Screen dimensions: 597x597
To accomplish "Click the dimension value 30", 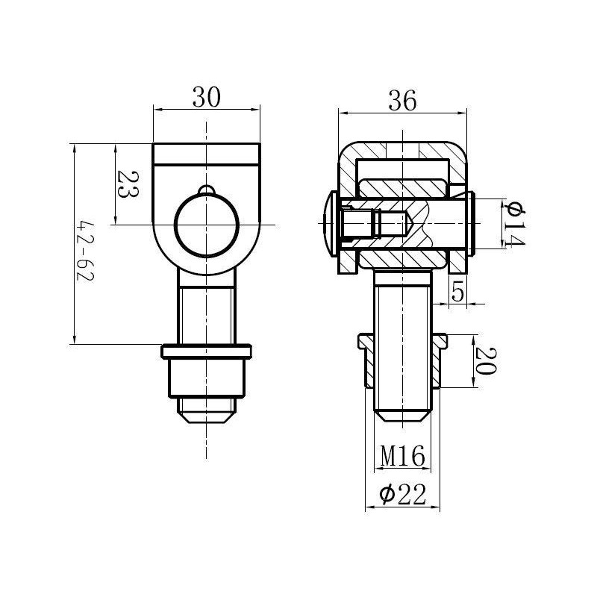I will pos(207,98).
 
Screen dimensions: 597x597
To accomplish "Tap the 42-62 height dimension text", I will pos(87,249).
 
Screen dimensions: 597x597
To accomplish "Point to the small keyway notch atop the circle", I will pos(207,190).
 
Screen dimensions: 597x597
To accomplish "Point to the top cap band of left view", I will pos(207,154).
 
